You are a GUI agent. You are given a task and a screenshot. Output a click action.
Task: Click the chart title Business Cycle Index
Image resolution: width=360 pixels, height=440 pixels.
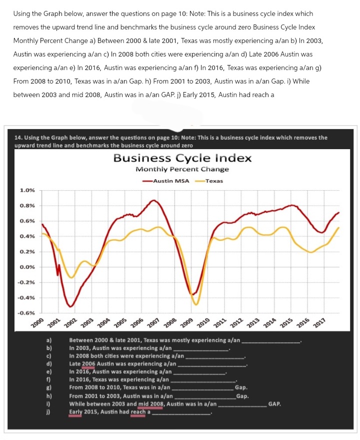pos(182,158)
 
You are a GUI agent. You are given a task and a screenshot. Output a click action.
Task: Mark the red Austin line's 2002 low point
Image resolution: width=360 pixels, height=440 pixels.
pos(71,306)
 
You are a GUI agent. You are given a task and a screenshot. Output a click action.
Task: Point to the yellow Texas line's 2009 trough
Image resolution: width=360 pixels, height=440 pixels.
pos(196,304)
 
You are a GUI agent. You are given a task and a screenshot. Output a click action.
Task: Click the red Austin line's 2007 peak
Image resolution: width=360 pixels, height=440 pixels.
pos(154,200)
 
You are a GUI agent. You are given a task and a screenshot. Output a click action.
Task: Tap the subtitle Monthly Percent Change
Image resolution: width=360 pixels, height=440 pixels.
pos(182,169)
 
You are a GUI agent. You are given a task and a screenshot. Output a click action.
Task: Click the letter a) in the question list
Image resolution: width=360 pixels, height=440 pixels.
pos(48,341)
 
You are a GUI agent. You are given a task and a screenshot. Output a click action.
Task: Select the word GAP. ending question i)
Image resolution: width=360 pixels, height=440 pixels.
pos(274,403)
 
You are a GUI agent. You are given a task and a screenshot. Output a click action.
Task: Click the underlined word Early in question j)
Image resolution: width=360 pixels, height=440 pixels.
pos(75,411)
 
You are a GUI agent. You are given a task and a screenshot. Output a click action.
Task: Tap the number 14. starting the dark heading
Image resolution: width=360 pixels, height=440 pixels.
pos(20,137)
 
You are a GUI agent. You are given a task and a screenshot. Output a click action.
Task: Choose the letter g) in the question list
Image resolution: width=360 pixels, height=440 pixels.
pos(48,387)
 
